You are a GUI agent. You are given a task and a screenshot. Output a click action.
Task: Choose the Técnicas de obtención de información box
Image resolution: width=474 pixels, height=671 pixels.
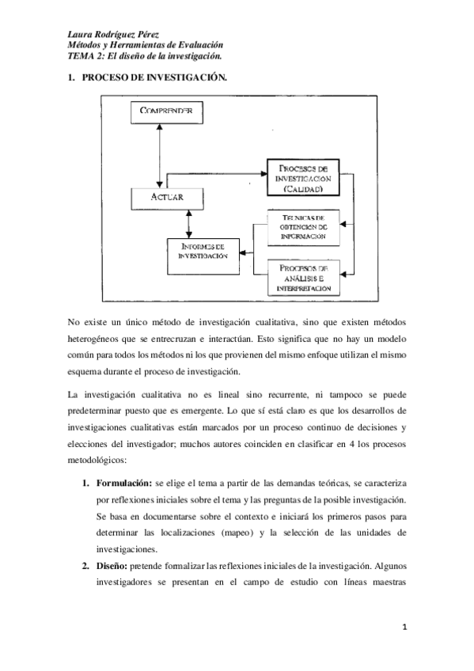[303, 227]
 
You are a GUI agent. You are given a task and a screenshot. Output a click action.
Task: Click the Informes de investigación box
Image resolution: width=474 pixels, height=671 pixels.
[203, 252]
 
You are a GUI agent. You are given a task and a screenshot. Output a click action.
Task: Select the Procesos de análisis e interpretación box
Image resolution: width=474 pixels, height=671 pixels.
[303, 279]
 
